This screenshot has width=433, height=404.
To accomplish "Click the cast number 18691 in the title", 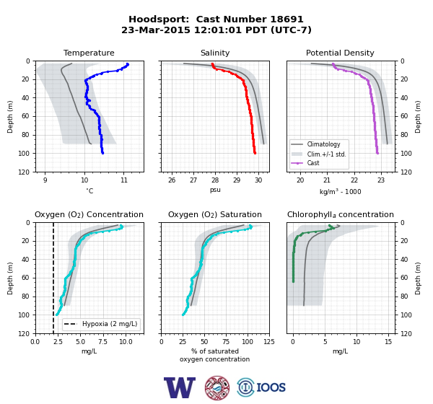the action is coord(287,19).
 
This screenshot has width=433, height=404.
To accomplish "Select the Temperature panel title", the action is coord(89,53).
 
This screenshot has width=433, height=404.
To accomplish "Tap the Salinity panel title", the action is coord(215,53).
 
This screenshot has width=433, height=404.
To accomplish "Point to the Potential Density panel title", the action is coord(340,53).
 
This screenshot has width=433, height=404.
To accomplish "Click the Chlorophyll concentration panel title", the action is coord(341,214).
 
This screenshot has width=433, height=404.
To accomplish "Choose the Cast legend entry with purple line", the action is coord(313,163).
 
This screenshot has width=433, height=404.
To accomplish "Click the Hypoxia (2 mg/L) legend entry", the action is coord(110,324).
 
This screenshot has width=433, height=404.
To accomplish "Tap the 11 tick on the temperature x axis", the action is coord(124,180).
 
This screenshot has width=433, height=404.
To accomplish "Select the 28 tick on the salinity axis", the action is coord(215,180).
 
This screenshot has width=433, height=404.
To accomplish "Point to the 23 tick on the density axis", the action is coord(381,180).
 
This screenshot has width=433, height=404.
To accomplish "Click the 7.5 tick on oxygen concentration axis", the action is coord(102,341).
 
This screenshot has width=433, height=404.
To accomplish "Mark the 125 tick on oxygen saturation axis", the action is coord(269,341).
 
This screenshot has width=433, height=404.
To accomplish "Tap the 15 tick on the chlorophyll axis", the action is coord(388,341).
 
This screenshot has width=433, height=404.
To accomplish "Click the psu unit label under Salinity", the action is coord(215,190).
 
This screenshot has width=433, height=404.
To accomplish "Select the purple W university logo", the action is coord(180,387).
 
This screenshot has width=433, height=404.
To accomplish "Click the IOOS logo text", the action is coord(271,387).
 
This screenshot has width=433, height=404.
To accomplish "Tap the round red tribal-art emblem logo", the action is coord(217,387).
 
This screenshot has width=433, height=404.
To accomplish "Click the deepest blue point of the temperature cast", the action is coord(102,153).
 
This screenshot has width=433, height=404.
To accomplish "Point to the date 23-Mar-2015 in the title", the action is coord(156,30).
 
